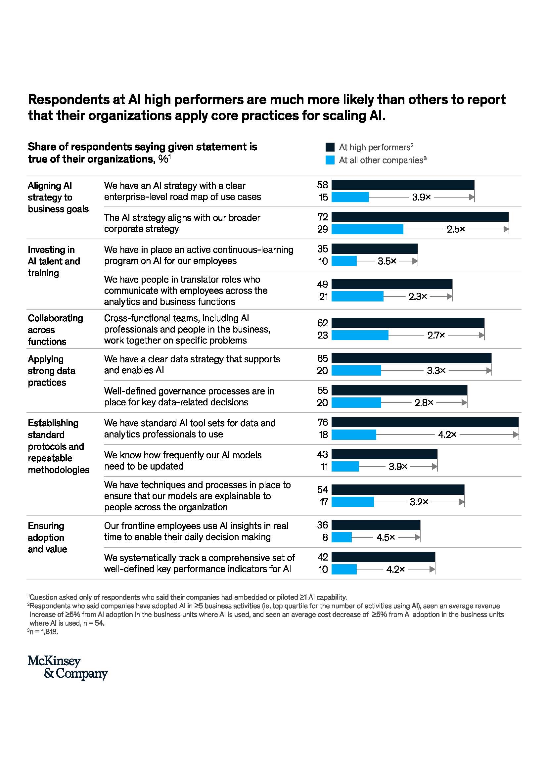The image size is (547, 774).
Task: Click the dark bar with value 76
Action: point(425,422)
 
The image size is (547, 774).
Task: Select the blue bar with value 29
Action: point(367,229)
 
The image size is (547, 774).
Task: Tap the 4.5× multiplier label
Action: point(386,537)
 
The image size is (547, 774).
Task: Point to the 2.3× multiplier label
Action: point(418,296)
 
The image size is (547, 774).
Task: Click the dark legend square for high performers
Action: point(330,147)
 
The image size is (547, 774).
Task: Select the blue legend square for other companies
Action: point(330,160)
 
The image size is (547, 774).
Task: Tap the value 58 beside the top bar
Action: point(322,185)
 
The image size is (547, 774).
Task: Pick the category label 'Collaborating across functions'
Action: point(55,330)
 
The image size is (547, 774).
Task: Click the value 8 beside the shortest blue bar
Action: point(325,537)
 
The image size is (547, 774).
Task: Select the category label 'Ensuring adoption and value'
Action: point(47,537)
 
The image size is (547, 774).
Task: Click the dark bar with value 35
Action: point(375,249)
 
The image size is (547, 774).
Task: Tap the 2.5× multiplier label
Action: point(456,229)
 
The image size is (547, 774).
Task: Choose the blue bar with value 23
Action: point(360,335)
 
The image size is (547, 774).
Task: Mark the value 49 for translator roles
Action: point(322,284)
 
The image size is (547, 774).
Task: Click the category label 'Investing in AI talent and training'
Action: point(54,261)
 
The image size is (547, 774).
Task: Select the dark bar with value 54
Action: point(398,489)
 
